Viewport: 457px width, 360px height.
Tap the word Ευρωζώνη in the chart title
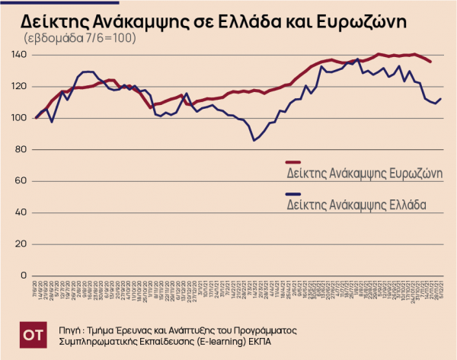pyautogui.click(x=363, y=20)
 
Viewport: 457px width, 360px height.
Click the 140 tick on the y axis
pyautogui.click(x=20, y=56)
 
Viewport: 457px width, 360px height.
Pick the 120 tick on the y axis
pyautogui.click(x=20, y=87)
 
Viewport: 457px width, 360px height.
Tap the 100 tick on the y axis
pyautogui.click(x=20, y=118)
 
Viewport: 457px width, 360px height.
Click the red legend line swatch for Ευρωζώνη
pyautogui.click(x=293, y=162)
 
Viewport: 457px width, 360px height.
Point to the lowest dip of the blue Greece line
pyautogui.click(x=254, y=140)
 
